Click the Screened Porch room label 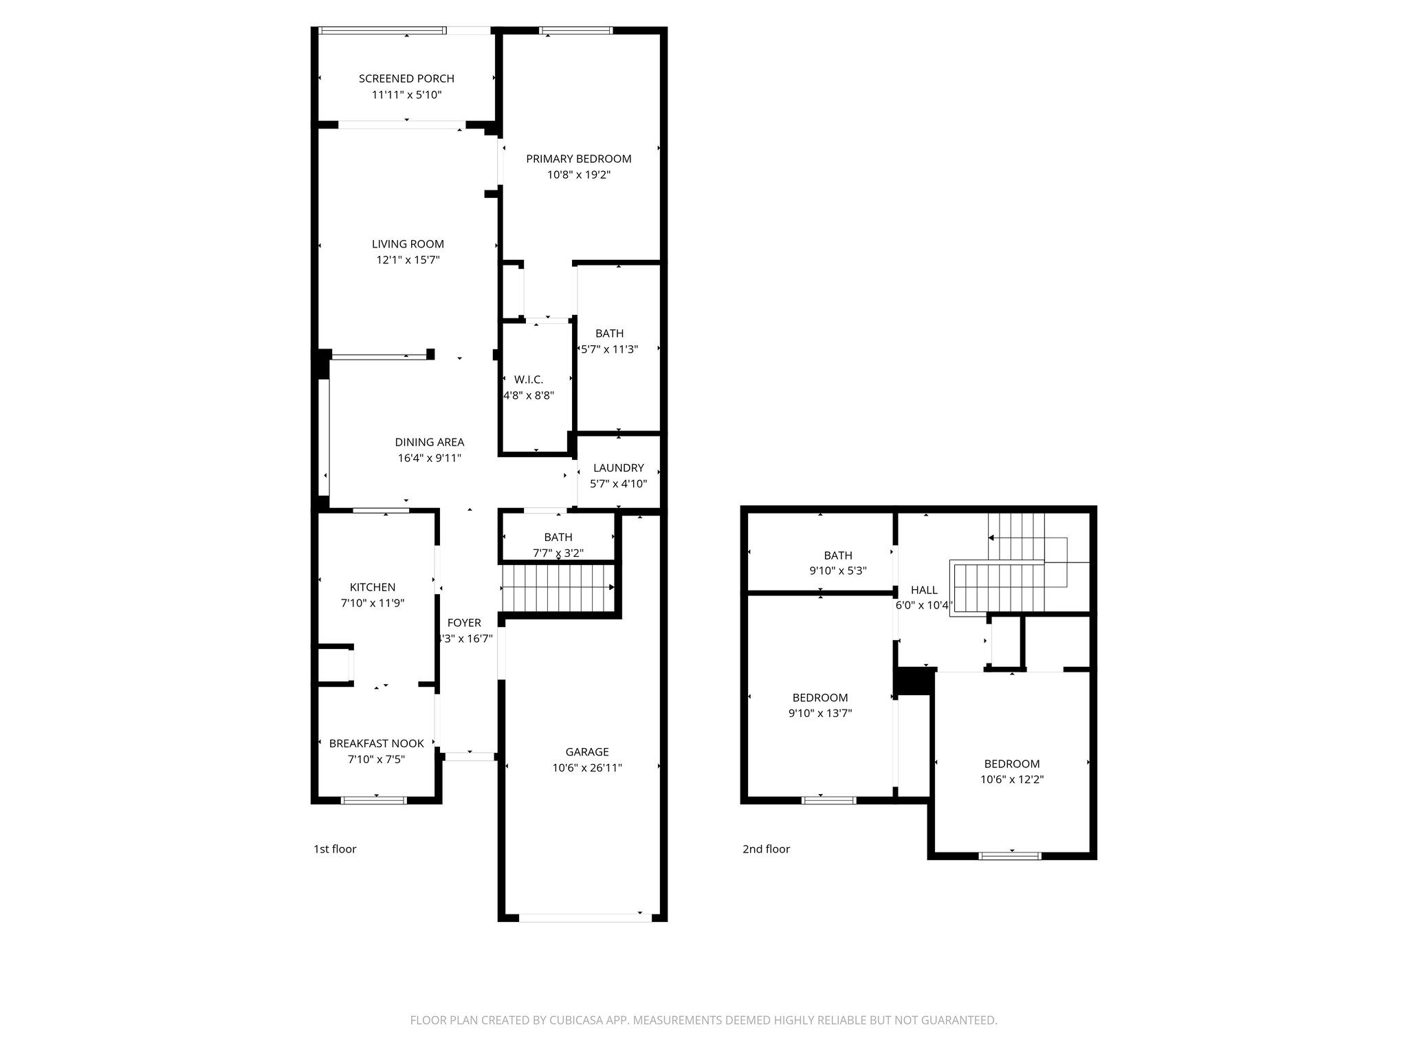click(x=406, y=79)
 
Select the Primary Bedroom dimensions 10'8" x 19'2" click(x=579, y=175)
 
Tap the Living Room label click(x=408, y=244)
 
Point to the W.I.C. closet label click(x=528, y=379)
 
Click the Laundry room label click(x=618, y=468)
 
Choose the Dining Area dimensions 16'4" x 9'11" click(x=429, y=459)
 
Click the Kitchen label click(x=373, y=587)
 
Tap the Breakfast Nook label click(x=376, y=743)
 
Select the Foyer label click(x=464, y=623)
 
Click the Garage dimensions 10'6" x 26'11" click(x=587, y=768)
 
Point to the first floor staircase click(x=558, y=587)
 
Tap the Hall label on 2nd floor click(x=924, y=590)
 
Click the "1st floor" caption click(x=335, y=849)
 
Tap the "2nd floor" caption click(x=766, y=849)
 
